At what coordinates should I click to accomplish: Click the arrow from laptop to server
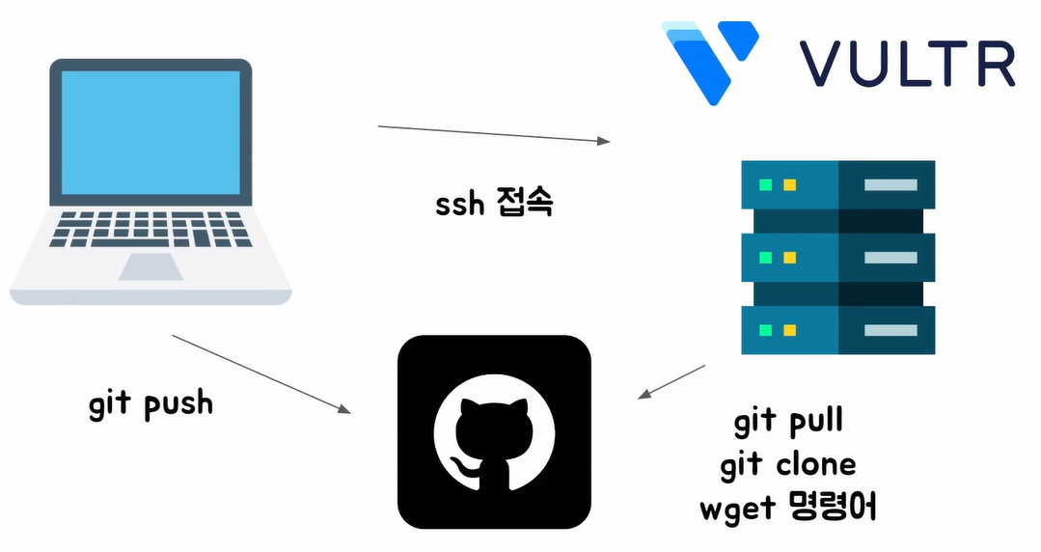[494, 133]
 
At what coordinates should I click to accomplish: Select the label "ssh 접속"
[494, 204]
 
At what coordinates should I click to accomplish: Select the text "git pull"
[788, 422]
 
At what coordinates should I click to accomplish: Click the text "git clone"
[788, 464]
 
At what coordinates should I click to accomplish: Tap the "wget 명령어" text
[788, 508]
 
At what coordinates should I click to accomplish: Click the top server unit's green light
[766, 184]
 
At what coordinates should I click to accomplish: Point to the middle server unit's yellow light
[789, 258]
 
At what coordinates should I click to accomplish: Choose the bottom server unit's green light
[766, 330]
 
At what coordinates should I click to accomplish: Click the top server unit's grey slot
[890, 184]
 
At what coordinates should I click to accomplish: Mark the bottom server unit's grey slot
[890, 330]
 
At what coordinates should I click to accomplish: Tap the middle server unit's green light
[766, 258]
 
